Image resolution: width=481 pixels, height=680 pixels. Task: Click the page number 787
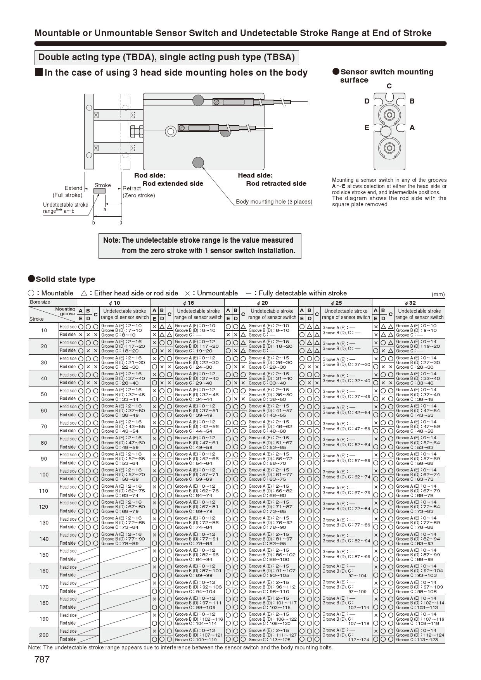(x=42, y=659)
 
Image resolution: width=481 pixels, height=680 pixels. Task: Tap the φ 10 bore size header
(x=114, y=303)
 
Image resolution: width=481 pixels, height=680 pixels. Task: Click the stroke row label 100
(x=43, y=475)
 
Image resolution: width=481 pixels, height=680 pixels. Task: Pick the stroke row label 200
(x=43, y=635)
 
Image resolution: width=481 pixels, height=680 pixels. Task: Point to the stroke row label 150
(x=43, y=555)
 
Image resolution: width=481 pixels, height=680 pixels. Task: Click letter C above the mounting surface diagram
(x=389, y=86)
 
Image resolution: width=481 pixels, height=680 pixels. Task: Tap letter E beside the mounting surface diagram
(x=367, y=128)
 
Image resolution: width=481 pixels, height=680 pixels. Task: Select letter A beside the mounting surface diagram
(x=412, y=128)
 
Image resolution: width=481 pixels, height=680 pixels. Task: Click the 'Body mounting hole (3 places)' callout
(x=274, y=202)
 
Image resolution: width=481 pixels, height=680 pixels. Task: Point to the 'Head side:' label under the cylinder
(x=255, y=175)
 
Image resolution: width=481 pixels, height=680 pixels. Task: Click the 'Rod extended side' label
(x=173, y=183)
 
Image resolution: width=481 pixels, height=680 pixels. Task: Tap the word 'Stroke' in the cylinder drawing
(x=103, y=185)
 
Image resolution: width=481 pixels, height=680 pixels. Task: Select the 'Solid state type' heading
(x=65, y=279)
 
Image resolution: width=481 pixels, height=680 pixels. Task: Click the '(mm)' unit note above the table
(x=438, y=294)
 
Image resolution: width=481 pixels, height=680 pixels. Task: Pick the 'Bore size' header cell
(x=40, y=302)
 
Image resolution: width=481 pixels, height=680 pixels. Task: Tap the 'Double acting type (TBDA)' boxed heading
(x=166, y=57)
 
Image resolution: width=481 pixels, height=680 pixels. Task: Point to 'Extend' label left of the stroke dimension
(x=73, y=188)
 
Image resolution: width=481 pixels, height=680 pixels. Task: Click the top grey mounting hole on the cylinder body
(x=198, y=100)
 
